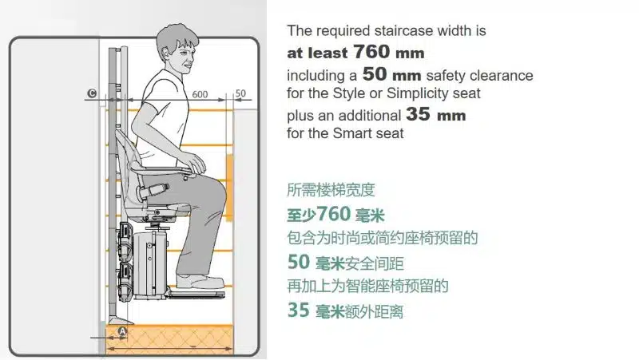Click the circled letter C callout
click(x=92, y=93)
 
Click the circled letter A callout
click(x=122, y=331)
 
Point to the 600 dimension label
click(x=200, y=94)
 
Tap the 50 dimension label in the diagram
click(x=240, y=93)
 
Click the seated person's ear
click(x=166, y=53)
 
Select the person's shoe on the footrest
click(x=200, y=282)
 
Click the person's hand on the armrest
click(x=196, y=162)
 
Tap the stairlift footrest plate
click(x=196, y=294)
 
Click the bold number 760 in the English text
click(x=371, y=51)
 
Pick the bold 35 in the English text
click(x=418, y=114)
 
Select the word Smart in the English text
click(x=353, y=133)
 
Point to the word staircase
click(x=403, y=31)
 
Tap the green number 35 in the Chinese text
click(x=299, y=310)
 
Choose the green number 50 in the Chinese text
click(x=299, y=262)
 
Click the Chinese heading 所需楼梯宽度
click(x=331, y=190)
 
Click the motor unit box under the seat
click(x=151, y=263)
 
